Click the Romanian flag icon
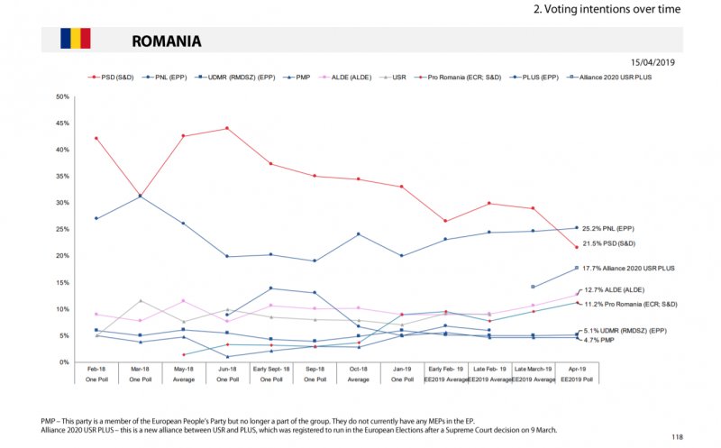tap(76, 38)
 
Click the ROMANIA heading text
tap(166, 41)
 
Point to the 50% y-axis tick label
tap(62, 96)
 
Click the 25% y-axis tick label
tap(62, 230)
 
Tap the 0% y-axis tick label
tap(65, 362)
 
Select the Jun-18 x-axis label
tap(226, 370)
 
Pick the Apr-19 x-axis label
tap(577, 370)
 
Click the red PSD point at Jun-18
tap(226, 128)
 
